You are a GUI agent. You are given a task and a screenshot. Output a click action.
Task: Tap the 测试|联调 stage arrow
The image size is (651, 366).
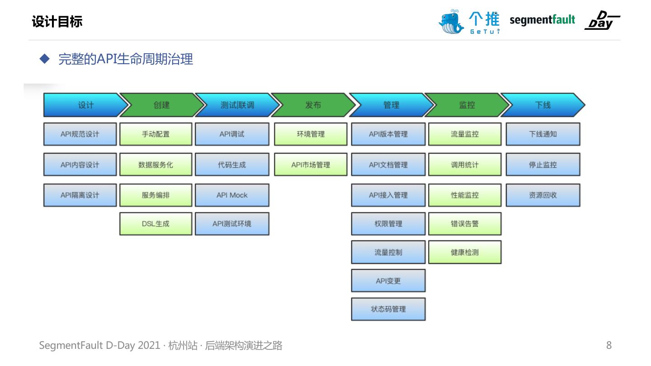[236, 105]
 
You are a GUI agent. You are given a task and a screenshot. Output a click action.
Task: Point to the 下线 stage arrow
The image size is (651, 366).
[542, 105]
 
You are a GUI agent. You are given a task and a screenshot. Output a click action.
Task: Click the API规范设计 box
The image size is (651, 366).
[80, 134]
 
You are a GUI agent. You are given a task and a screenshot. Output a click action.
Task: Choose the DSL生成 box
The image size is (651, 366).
[156, 224]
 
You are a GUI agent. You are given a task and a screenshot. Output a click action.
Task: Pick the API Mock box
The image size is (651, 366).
[232, 195]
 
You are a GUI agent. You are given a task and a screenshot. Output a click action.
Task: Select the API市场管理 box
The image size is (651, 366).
[311, 165]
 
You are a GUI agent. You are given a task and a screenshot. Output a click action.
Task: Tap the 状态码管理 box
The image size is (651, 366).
[388, 309]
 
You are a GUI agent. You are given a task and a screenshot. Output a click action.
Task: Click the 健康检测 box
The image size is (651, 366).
[465, 252]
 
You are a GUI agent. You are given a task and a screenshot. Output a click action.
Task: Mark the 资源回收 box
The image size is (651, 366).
[543, 195]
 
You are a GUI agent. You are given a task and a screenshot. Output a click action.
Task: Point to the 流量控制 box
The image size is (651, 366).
[388, 252]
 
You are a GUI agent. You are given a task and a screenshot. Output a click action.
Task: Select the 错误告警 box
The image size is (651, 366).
[465, 224]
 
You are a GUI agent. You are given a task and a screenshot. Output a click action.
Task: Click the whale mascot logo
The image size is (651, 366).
[451, 21]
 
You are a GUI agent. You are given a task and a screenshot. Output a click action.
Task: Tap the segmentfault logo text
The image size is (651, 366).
[542, 20]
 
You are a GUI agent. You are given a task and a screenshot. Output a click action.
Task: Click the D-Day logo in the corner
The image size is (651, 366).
[602, 20]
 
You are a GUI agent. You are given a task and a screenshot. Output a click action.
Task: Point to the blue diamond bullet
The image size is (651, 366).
[44, 59]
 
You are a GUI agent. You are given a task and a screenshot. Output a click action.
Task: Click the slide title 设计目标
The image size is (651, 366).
[57, 22]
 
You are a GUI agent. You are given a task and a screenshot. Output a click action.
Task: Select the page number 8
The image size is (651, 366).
[609, 346]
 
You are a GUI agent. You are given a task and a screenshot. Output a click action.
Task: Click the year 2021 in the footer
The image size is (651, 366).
[148, 346]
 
